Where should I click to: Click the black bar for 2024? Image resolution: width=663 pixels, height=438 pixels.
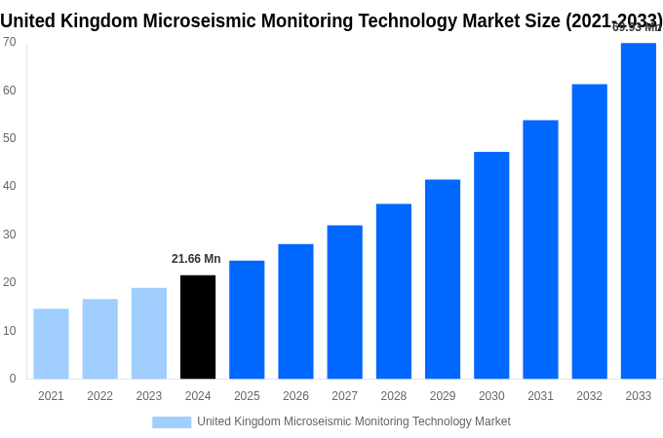pyautogui.click(x=198, y=327)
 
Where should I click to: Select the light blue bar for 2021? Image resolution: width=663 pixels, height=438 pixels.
pyautogui.click(x=51, y=344)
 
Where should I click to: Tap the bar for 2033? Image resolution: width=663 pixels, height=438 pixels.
pyautogui.click(x=638, y=210)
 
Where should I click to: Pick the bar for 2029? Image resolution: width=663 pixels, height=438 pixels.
pyautogui.click(x=443, y=279)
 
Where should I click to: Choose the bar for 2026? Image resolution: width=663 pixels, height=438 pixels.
pyautogui.click(x=295, y=311)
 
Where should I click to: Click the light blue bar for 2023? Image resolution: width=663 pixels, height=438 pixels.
pyautogui.click(x=149, y=333)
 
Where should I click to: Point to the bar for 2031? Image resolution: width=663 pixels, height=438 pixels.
pyautogui.click(x=540, y=249)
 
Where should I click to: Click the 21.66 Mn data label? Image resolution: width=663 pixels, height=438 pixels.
pyautogui.click(x=196, y=259)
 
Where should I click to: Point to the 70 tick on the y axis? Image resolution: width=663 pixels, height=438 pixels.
pyautogui.click(x=9, y=42)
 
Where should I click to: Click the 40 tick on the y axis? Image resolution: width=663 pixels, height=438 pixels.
pyautogui.click(x=9, y=186)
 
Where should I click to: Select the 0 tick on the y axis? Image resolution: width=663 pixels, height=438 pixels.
pyautogui.click(x=13, y=379)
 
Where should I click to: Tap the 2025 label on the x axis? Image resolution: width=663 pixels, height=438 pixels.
pyautogui.click(x=247, y=396)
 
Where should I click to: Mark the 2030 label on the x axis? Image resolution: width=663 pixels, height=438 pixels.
pyautogui.click(x=491, y=396)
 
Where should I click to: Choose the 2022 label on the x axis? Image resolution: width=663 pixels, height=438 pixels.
pyautogui.click(x=99, y=396)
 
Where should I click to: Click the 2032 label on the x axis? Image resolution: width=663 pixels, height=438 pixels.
pyautogui.click(x=589, y=396)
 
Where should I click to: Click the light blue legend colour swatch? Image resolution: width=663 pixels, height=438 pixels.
pyautogui.click(x=172, y=422)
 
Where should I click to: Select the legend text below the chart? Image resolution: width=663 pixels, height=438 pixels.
pyautogui.click(x=353, y=421)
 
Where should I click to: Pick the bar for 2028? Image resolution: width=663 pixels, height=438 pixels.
pyautogui.click(x=393, y=291)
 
